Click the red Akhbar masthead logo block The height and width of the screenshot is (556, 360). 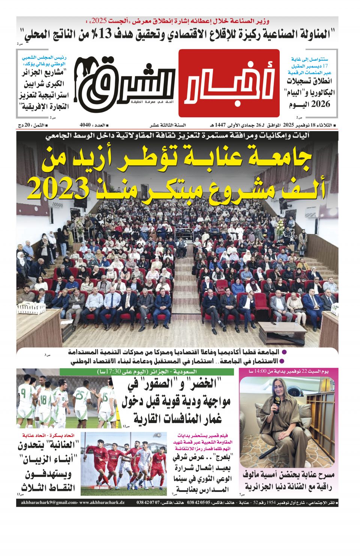pyautogui.click(x=229, y=83)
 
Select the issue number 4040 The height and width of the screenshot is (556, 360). pyautogui.click(x=86, y=125)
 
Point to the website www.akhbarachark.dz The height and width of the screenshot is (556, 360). pyautogui.click(x=102, y=503)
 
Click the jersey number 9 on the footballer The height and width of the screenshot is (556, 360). pyautogui.click(x=23, y=394)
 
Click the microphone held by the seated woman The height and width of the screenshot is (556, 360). pyautogui.click(x=277, y=403)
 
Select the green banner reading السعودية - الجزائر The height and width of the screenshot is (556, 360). pyautogui.click(x=146, y=372)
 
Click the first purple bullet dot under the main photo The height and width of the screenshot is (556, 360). pyautogui.click(x=284, y=352)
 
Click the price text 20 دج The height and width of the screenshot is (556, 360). pyautogui.click(x=27, y=125)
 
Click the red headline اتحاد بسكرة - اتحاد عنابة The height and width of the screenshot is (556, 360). pyautogui.click(x=48, y=435)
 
